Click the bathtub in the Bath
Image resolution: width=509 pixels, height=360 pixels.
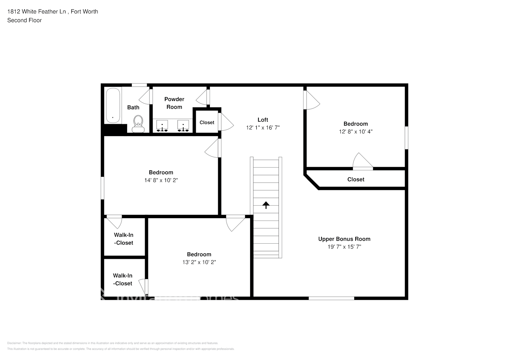point(113,105)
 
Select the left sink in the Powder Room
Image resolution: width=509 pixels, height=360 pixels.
point(162,126)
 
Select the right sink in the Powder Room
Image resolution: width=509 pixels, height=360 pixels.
point(183,126)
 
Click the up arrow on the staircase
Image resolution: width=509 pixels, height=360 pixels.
point(266,205)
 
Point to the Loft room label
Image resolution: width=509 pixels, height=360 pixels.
point(263,120)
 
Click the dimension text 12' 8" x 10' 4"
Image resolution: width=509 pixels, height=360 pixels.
point(356,132)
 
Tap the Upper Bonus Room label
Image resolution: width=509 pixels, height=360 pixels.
point(344,239)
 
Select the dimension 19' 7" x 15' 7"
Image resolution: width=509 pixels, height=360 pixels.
point(344,247)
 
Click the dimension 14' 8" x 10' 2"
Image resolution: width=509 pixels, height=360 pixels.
point(161,180)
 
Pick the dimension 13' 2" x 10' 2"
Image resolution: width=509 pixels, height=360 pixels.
point(199,262)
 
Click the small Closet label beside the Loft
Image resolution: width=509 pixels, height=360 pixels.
point(207,122)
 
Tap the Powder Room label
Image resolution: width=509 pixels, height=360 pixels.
point(174,103)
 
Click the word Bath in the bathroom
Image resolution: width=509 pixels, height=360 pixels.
point(133,107)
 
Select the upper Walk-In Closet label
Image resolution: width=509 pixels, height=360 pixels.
point(123,239)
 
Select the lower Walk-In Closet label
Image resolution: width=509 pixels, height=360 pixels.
point(123,280)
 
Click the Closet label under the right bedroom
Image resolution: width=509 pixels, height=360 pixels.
point(356,179)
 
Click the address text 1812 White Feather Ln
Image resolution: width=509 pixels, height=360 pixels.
point(37,12)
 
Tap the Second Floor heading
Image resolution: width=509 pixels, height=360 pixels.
point(24,20)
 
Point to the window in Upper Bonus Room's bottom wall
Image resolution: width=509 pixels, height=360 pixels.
point(331,298)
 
